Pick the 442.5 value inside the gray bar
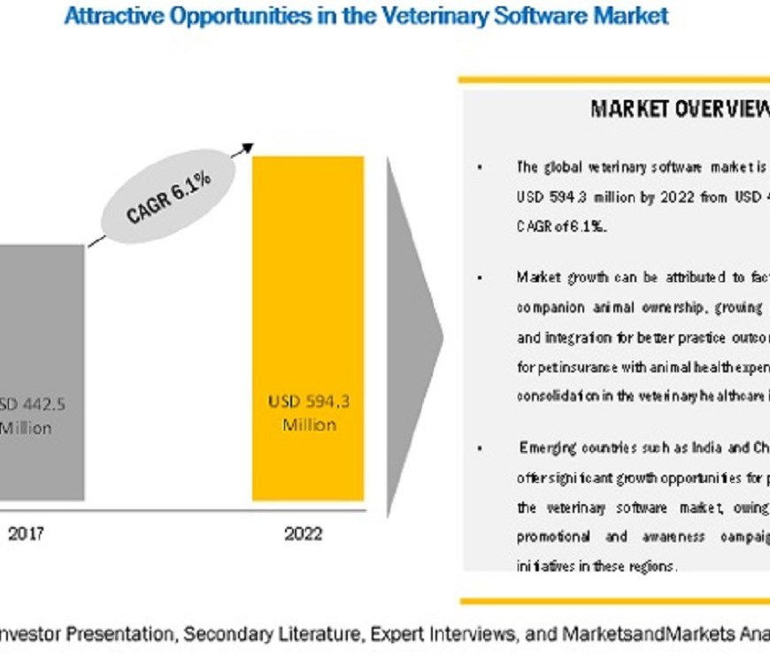tap(44, 404)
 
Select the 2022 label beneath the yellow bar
tap(304, 534)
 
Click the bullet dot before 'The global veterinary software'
tap(480, 167)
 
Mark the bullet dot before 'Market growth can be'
tap(480, 279)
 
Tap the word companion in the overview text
tap(549, 307)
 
